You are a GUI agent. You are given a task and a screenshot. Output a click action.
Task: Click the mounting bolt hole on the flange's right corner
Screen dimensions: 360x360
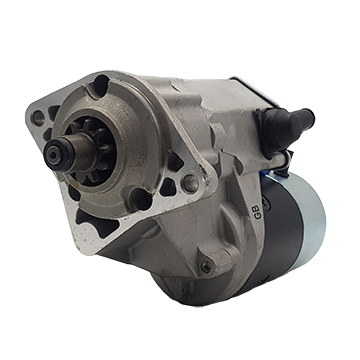[189, 183]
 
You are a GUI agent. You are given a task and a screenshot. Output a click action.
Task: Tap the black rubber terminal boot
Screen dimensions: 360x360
[276, 125]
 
